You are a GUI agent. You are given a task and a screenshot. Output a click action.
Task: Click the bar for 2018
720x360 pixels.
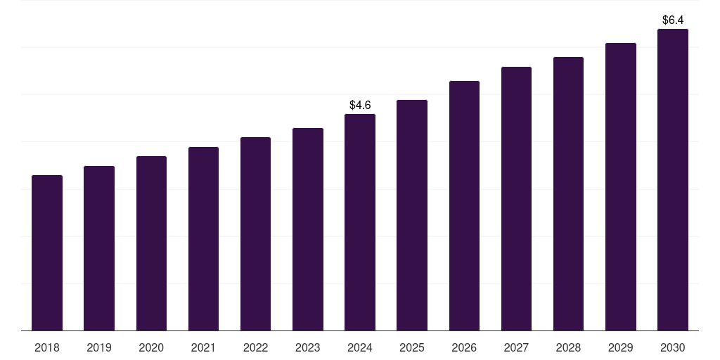tap(47, 253)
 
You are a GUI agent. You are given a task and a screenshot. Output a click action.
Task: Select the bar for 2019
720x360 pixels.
tap(99, 248)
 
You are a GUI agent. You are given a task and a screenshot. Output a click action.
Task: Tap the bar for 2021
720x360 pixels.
tap(203, 239)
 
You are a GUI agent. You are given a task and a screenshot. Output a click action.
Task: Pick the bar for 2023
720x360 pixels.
tap(308, 229)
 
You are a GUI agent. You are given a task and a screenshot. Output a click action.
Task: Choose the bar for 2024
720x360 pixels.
tap(360, 222)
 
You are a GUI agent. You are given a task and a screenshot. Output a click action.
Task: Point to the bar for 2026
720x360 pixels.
tap(464, 206)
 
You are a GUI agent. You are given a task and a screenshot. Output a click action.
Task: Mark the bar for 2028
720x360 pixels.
tap(568, 194)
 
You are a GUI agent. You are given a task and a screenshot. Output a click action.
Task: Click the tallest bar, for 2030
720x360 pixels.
tap(673, 179)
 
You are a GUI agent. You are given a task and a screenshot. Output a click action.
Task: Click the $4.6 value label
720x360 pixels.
tap(360, 105)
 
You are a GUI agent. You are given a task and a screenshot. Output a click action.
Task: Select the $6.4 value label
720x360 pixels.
tap(673, 20)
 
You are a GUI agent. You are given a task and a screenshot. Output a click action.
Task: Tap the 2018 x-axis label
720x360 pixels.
tap(47, 347)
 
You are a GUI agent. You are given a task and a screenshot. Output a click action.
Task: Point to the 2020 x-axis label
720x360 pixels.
tap(151, 347)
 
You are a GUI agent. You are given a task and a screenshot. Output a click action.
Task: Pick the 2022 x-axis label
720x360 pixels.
tap(255, 347)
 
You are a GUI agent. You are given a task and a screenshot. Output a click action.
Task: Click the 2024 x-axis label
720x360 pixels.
tap(360, 347)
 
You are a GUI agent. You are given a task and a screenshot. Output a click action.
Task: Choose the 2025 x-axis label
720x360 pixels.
tap(412, 347)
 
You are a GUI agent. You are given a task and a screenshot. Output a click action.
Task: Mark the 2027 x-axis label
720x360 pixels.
tap(516, 347)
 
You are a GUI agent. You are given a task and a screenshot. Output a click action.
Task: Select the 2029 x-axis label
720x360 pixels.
tap(620, 347)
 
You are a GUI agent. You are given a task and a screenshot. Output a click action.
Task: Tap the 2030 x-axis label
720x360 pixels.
tap(673, 347)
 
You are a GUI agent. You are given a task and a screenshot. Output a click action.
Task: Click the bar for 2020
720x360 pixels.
tap(152, 243)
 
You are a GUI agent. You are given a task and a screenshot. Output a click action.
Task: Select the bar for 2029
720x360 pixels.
tap(621, 187)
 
